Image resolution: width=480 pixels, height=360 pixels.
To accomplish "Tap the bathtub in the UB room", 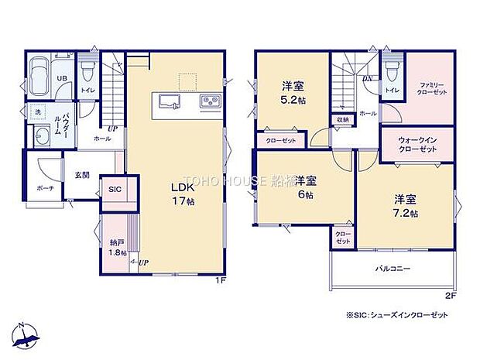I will pyautogui.click(x=40, y=77).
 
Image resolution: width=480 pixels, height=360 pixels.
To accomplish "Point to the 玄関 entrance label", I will pyautogui.click(x=82, y=175).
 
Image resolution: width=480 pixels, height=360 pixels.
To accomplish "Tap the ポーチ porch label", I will pyautogui.click(x=44, y=188).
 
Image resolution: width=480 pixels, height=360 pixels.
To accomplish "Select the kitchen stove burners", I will pyautogui.click(x=211, y=101).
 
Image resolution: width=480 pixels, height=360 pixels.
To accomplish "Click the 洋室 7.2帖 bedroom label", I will pyautogui.click(x=403, y=205).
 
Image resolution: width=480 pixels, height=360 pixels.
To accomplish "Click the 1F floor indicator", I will pyautogui.click(x=221, y=279).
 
